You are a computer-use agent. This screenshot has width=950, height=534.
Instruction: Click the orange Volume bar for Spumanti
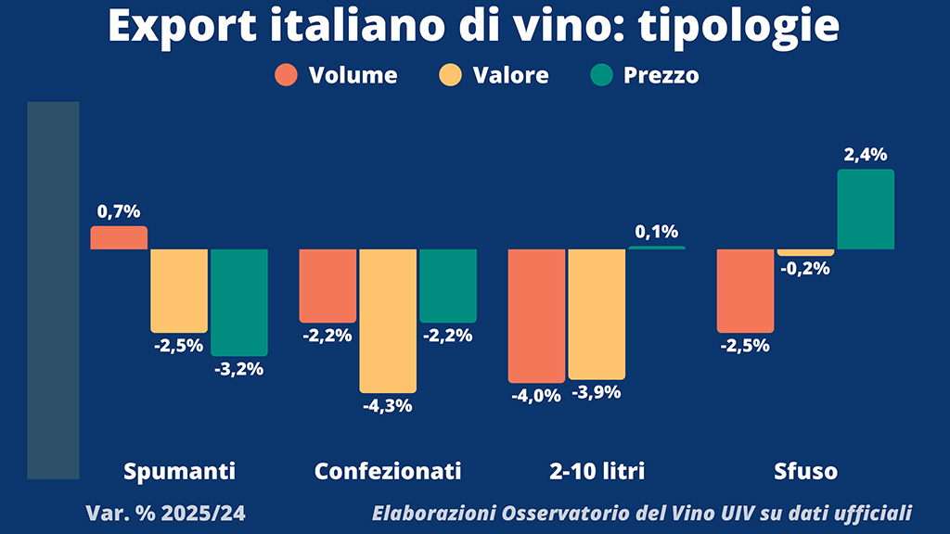click(119, 238)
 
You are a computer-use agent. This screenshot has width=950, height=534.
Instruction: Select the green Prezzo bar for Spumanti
click(239, 301)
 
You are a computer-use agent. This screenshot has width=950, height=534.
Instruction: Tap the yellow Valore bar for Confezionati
click(388, 320)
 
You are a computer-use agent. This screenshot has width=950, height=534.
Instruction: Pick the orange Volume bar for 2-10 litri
click(536, 315)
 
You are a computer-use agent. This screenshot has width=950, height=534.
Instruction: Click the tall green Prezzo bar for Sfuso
click(866, 210)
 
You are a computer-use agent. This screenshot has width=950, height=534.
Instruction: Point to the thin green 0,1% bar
click(657, 248)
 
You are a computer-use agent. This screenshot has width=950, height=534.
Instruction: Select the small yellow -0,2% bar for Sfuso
click(805, 252)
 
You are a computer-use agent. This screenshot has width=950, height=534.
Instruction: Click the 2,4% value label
click(866, 156)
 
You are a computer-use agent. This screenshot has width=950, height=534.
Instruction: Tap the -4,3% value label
click(388, 405)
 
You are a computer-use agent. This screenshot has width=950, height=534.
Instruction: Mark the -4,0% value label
click(536, 396)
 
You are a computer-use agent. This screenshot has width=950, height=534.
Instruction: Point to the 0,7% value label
click(119, 211)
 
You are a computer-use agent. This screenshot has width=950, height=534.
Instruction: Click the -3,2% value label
click(239, 369)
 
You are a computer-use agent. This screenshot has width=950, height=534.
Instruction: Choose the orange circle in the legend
click(287, 75)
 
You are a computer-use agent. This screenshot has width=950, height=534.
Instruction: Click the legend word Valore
click(511, 75)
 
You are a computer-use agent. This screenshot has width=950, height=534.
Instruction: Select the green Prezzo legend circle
click(601, 75)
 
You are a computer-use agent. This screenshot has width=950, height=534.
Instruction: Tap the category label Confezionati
click(388, 471)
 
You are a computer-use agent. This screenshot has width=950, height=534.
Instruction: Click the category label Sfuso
click(805, 471)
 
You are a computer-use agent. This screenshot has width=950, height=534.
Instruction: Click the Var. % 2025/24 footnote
click(166, 513)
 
